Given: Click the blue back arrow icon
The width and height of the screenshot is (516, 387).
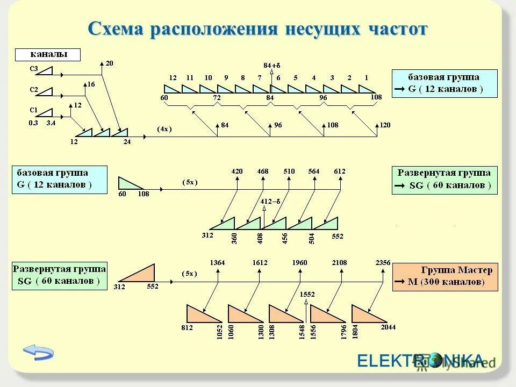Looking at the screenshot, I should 38,352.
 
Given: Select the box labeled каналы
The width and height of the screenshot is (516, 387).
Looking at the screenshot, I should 48,54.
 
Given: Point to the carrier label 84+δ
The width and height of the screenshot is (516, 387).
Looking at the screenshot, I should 272,66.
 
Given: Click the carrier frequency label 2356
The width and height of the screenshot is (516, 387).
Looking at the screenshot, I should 383,262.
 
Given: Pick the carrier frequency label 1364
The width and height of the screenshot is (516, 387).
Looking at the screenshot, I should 218,262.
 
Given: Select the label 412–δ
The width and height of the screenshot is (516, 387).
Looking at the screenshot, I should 270,201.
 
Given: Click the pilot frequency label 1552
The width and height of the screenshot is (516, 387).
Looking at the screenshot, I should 307,295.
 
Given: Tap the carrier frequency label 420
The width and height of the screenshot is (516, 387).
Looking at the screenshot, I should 237,171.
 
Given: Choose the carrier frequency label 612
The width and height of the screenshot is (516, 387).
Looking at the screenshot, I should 339,171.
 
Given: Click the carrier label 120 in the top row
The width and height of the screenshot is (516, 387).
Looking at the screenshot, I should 385,125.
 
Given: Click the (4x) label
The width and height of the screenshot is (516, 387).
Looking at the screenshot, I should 164,129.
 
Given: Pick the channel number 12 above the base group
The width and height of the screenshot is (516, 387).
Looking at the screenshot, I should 173,78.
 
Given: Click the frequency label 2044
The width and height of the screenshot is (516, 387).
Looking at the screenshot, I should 388,327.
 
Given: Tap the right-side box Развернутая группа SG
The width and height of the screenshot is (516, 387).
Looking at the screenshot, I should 445,180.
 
